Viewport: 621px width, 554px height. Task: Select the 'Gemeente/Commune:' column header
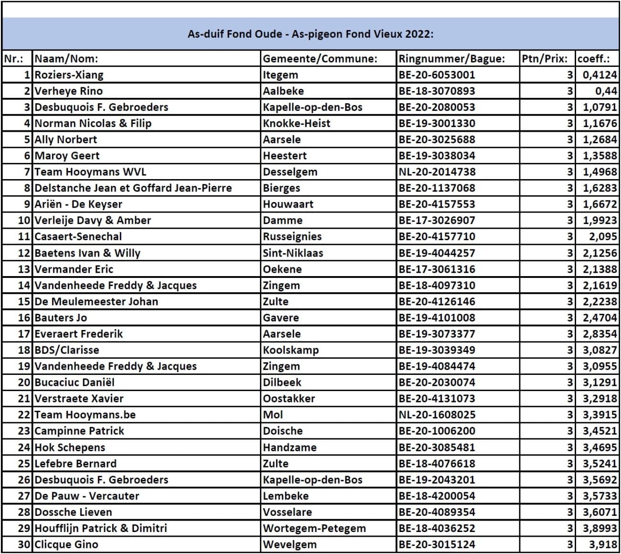320,59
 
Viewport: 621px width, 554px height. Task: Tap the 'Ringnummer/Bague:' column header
451,59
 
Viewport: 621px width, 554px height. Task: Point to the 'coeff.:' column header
593,59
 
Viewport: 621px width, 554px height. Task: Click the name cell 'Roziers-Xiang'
69,75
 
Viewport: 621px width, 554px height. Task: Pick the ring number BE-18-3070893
437,91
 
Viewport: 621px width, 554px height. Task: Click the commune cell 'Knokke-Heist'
296,124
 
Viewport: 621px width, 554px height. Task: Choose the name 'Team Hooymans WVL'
90,172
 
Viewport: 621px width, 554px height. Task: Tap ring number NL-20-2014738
437,172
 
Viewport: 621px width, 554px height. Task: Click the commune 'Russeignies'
292,237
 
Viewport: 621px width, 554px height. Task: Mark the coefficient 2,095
603,237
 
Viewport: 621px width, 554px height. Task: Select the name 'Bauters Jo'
61,318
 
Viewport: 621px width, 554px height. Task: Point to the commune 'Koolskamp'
290,350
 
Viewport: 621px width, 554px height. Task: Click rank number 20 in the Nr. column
24,383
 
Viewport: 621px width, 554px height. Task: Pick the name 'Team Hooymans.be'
85,415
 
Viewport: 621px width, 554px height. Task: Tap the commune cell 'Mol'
273,415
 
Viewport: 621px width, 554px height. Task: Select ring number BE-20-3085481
437,447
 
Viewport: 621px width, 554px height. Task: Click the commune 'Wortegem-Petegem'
314,528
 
